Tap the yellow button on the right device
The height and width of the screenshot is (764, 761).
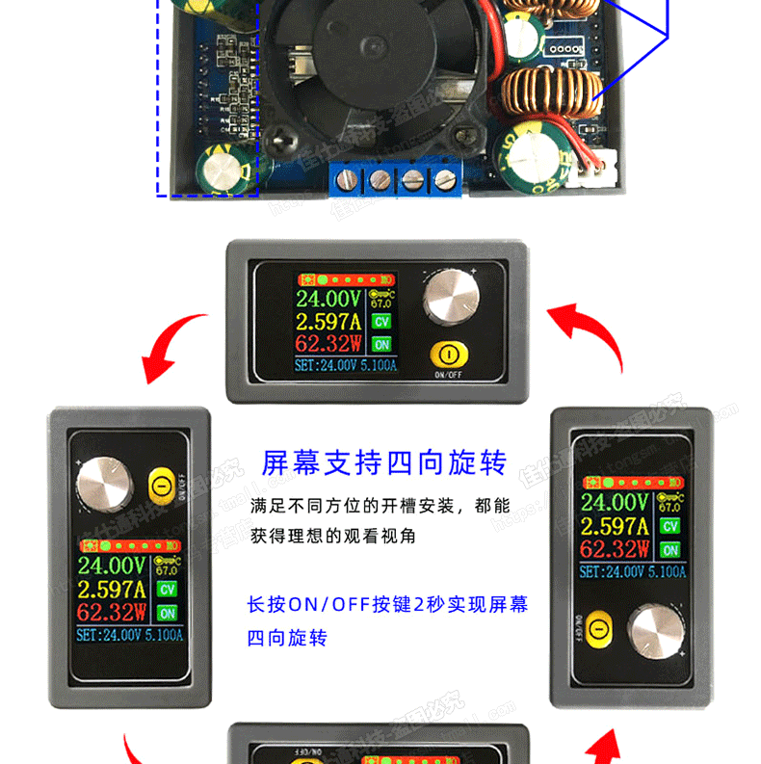tap(598, 629)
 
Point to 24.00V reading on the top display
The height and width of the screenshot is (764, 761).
tap(329, 298)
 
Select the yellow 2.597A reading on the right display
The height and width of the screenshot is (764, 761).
tap(615, 526)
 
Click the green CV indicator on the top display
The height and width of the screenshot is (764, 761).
tap(381, 321)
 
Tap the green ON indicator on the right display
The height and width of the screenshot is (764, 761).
tap(670, 550)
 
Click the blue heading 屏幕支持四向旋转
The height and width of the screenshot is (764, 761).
tap(384, 463)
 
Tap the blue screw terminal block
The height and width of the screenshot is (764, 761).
tap(395, 178)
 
